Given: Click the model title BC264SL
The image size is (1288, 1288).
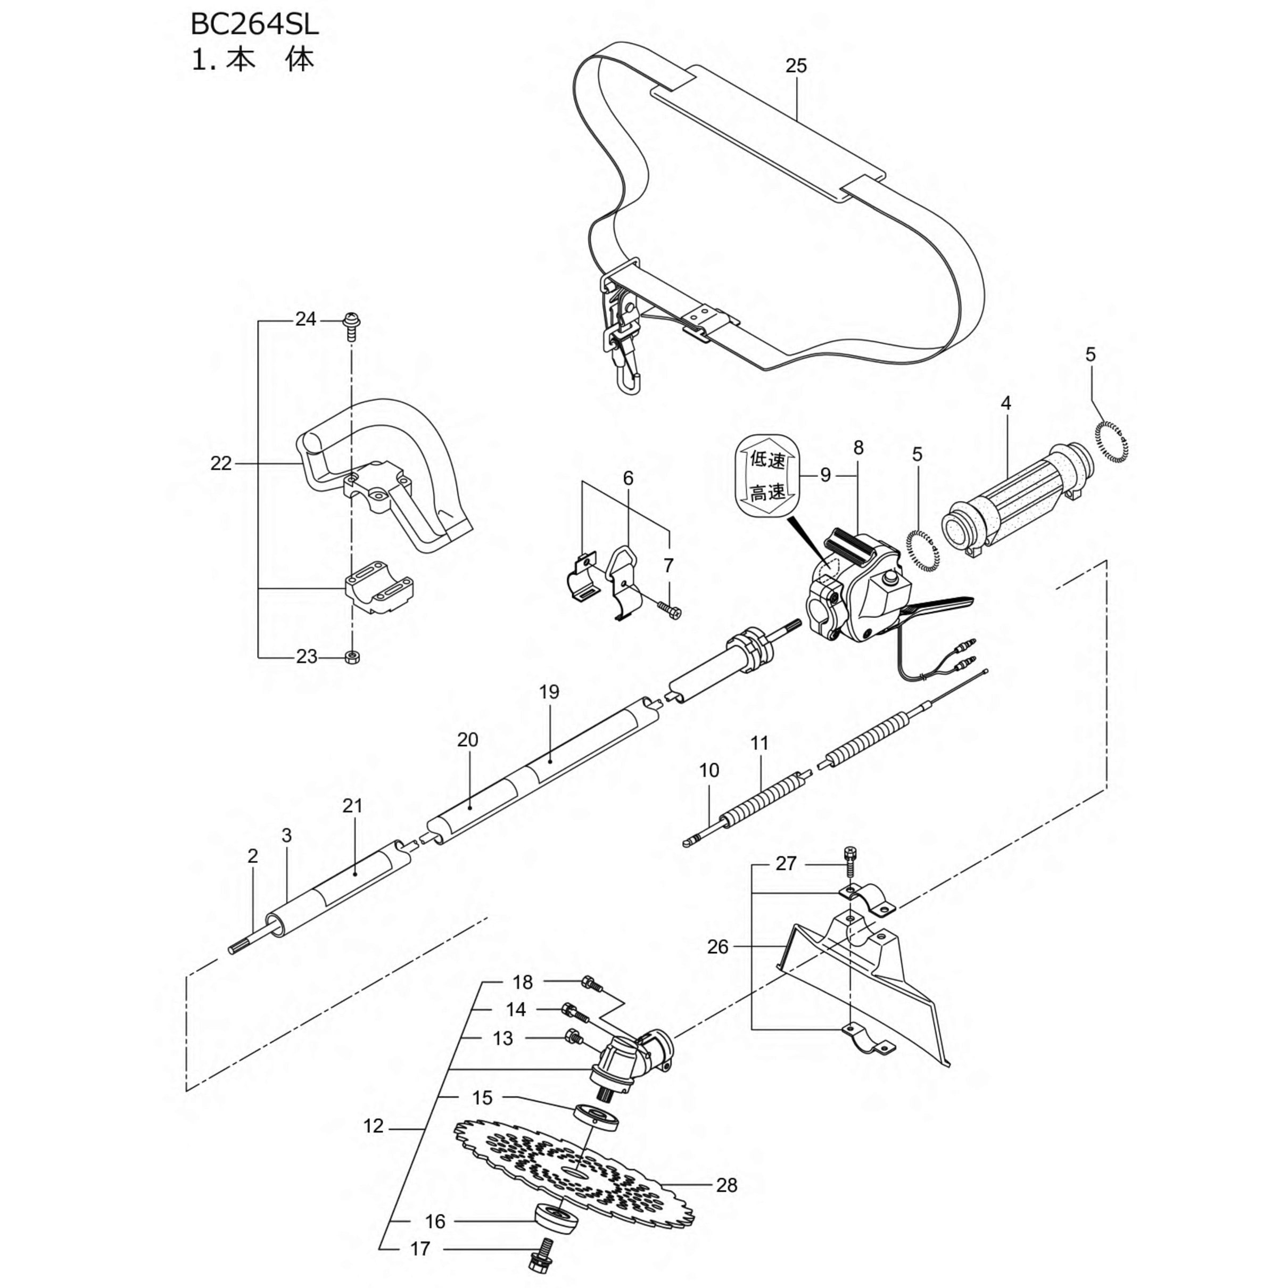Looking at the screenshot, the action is [254, 24].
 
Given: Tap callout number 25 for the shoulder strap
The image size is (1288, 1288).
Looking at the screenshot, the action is [796, 65].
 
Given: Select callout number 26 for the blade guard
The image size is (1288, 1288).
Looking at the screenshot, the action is [717, 947].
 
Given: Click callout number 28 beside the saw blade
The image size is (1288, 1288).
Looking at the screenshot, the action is [726, 1185].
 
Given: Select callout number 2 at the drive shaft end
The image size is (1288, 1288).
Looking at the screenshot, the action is [253, 856].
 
